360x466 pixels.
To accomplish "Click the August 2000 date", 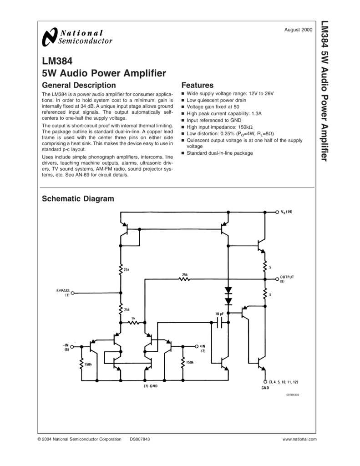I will click(298, 30).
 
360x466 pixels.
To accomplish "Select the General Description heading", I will click(79, 85).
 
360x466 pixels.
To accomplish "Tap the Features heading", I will click(197, 85).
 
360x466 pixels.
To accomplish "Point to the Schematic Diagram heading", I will click(78, 198).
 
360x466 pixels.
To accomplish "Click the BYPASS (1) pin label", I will click(63, 293).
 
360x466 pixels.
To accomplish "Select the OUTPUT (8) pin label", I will click(287, 279).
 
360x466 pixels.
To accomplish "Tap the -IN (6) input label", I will click(66, 347).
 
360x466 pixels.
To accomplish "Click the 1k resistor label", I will click(133, 318).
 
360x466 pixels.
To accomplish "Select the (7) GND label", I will click(148, 386).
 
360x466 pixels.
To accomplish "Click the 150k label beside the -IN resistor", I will click(89, 364).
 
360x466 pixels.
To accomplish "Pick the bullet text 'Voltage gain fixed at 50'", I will click(213, 106).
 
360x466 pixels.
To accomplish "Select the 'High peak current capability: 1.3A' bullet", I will click(224, 113).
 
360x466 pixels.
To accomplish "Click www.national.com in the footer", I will click(299, 439).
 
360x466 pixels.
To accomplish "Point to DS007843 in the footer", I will click(140, 439).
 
